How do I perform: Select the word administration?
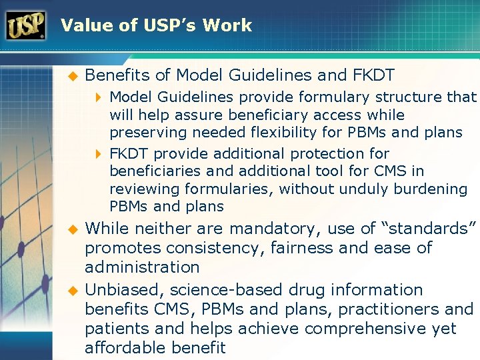[142, 267]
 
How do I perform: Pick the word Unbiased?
[124, 290]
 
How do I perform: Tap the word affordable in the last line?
[131, 348]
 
